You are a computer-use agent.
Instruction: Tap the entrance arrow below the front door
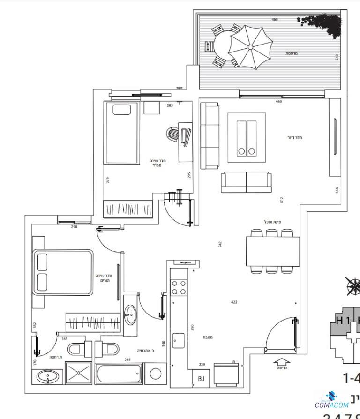(281, 362)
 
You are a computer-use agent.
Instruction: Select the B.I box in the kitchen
(201, 379)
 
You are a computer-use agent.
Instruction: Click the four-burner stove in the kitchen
(179, 287)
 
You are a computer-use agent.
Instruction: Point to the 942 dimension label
(220, 244)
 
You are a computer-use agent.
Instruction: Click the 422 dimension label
(234, 302)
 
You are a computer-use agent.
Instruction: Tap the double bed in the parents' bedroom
(63, 272)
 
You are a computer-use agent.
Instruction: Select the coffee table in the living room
(247, 137)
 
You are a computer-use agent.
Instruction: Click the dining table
(273, 252)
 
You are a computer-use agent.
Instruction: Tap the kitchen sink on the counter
(179, 340)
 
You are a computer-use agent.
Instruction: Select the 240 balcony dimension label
(337, 57)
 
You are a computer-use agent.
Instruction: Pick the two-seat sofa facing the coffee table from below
(246, 182)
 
